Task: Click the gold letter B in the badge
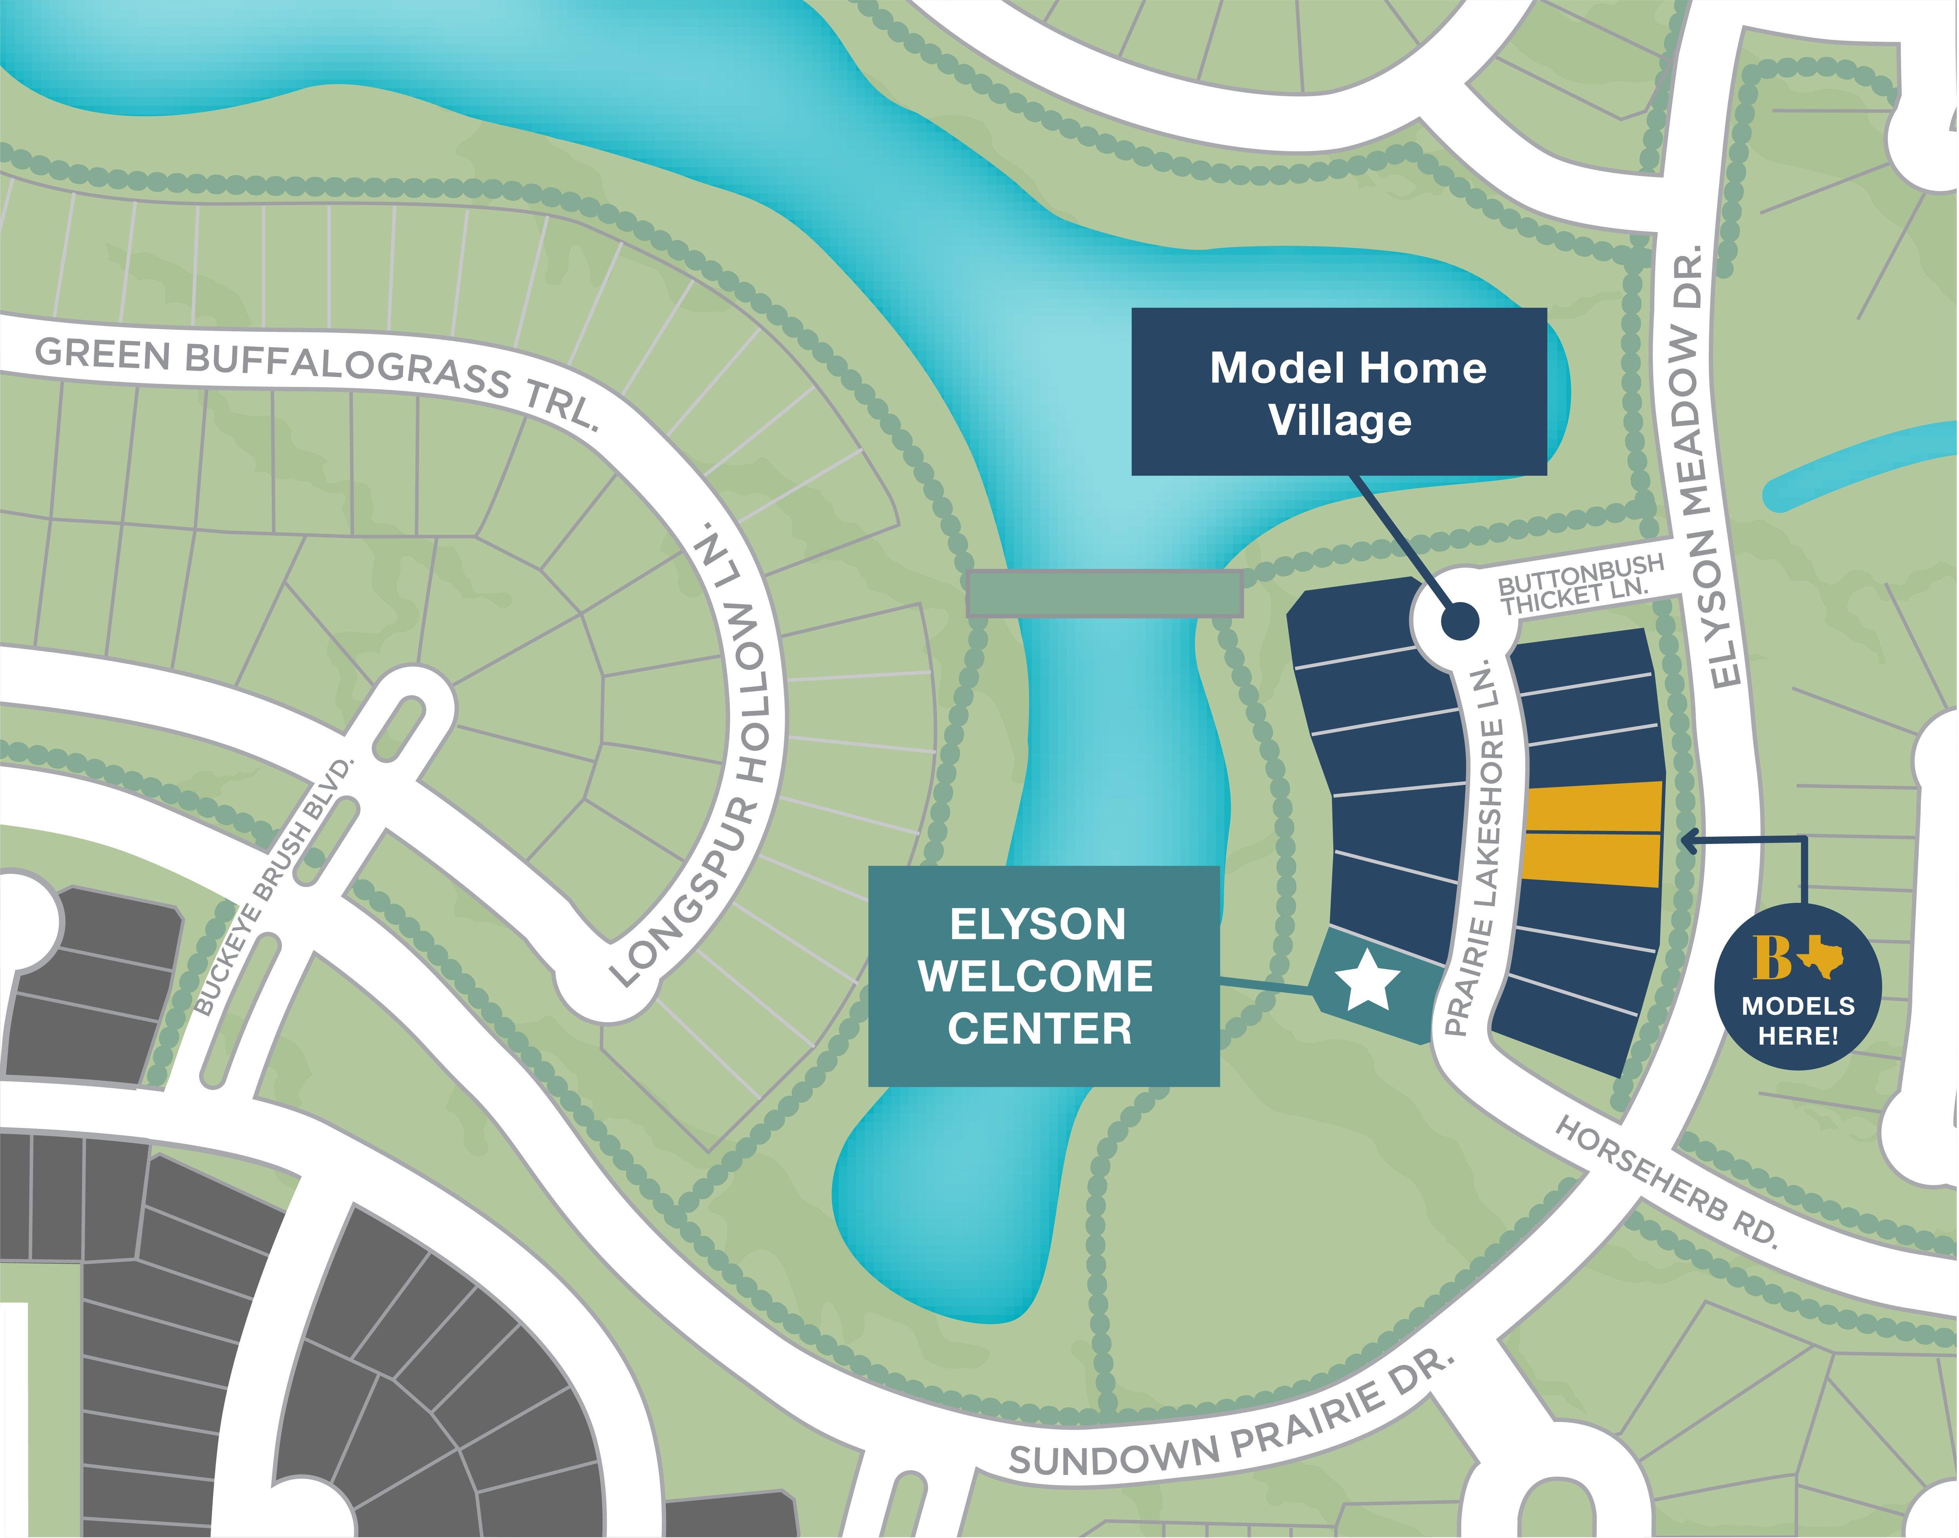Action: [1772, 957]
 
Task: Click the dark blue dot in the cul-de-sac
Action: [1459, 621]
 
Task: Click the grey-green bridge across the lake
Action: [1104, 593]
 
